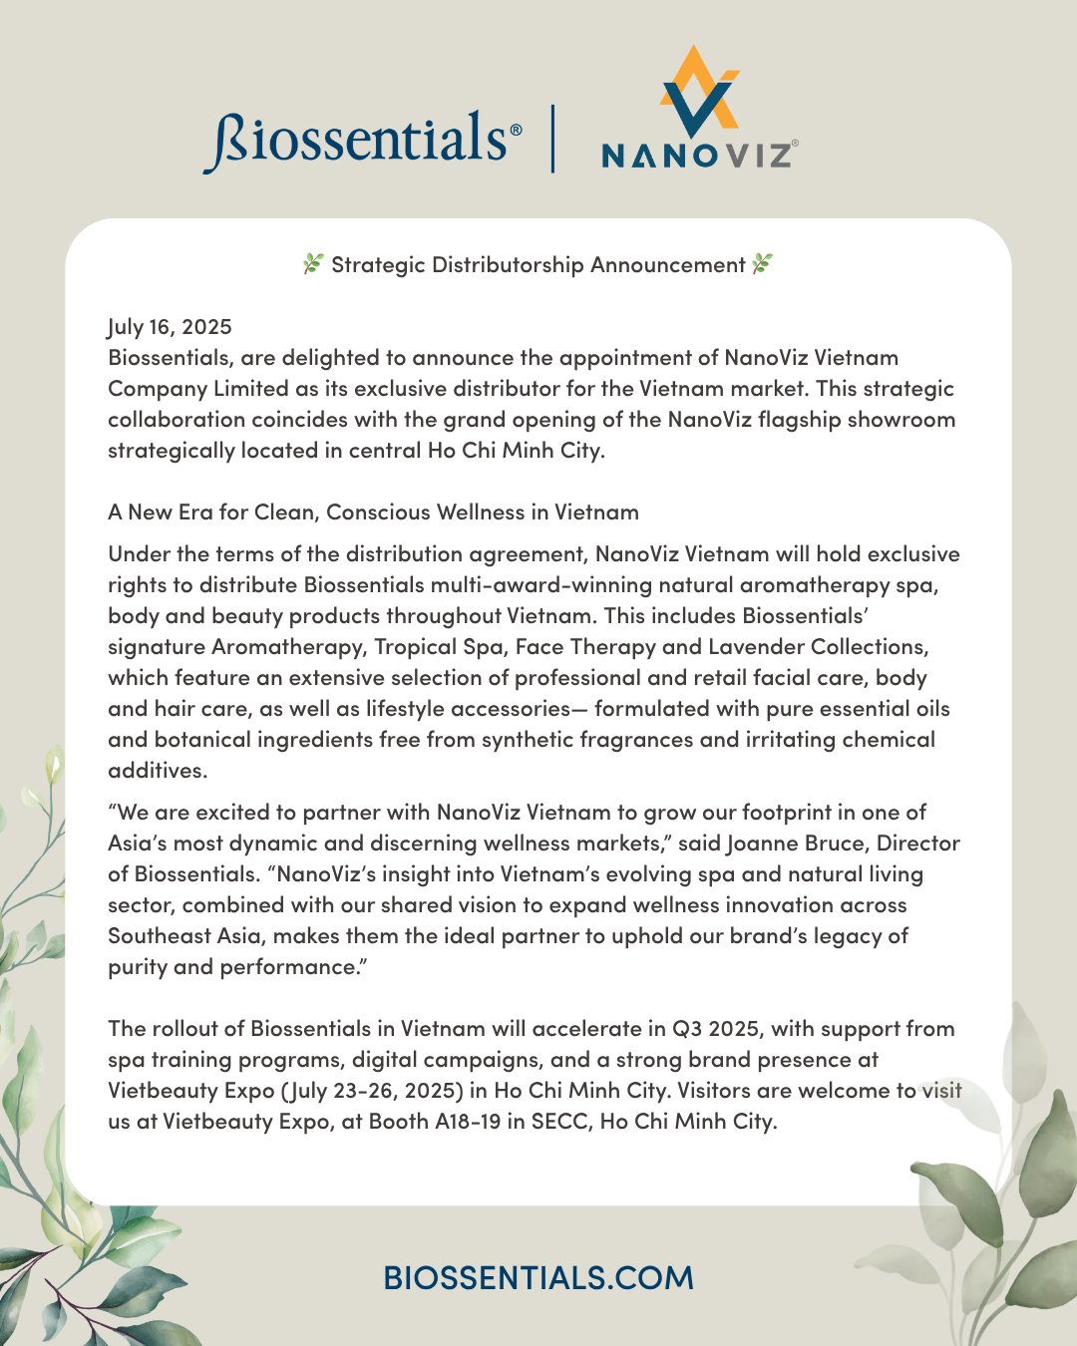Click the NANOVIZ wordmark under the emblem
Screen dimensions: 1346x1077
tap(697, 155)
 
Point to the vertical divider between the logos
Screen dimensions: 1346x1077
tap(552, 139)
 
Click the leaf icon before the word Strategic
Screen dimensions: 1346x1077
tap(313, 264)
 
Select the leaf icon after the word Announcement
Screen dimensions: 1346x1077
tap(762, 264)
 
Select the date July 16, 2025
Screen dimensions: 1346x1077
tap(170, 327)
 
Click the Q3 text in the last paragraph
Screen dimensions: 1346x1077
tap(687, 1029)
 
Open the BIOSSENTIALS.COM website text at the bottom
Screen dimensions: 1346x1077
tap(538, 1277)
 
